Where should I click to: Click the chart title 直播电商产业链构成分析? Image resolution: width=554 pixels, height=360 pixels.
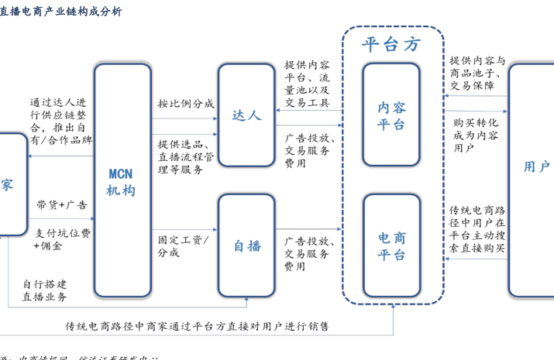[61, 11]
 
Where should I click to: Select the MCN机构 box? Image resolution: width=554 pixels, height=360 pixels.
[122, 180]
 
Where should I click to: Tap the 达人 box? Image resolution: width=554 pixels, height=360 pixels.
[246, 115]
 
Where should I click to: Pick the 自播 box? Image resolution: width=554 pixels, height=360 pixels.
[246, 245]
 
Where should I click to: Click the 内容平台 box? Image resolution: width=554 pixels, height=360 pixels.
[391, 115]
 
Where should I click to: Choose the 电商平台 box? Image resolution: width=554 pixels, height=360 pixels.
[391, 245]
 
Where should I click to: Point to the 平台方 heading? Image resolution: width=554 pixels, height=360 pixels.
[392, 44]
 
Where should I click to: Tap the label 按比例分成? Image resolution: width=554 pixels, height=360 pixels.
[186, 103]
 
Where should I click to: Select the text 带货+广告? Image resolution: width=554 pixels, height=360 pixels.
[62, 205]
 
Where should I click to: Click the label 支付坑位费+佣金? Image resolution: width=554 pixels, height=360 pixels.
[62, 239]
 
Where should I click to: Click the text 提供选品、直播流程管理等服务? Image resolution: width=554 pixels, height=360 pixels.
[186, 156]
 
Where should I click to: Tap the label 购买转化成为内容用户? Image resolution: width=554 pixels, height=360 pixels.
[475, 135]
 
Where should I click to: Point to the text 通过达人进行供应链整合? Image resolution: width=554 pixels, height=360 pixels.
[60, 121]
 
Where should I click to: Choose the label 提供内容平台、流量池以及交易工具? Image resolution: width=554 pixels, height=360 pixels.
[307, 84]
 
